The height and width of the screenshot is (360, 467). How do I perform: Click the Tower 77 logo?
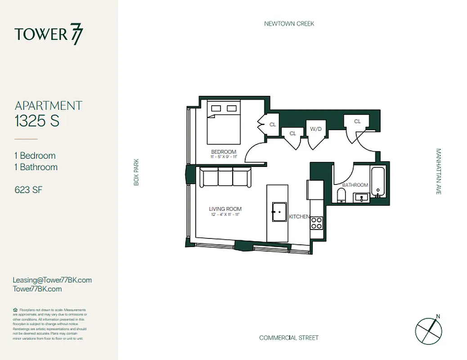(x=49, y=35)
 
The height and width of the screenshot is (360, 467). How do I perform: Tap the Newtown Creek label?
(x=289, y=23)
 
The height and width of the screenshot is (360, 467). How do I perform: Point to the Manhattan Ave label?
(x=438, y=171)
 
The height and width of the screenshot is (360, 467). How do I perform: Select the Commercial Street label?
(x=289, y=337)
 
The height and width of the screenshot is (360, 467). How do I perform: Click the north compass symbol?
(x=428, y=329)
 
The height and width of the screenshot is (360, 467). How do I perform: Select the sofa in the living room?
(x=224, y=177)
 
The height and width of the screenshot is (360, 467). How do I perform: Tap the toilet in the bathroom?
(x=341, y=195)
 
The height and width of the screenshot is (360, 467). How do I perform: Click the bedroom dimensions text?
(x=224, y=157)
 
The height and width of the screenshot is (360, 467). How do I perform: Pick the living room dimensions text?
(x=225, y=215)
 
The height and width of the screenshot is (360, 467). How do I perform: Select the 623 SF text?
(x=28, y=190)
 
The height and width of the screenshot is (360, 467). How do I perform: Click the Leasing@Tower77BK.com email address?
(x=53, y=280)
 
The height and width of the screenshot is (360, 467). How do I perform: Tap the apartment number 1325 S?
(x=36, y=121)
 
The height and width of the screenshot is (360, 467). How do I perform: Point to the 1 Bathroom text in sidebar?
(x=36, y=167)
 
